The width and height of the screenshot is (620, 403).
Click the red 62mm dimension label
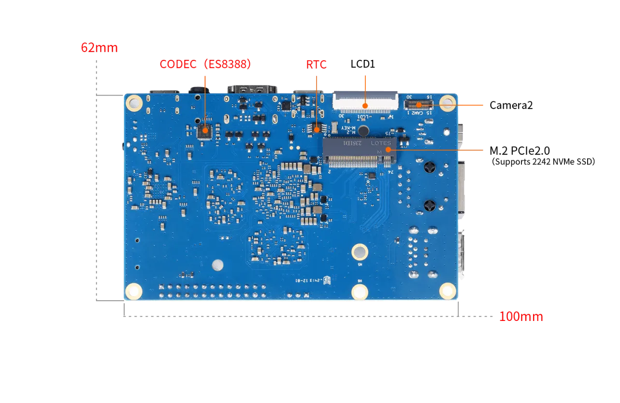[100, 48]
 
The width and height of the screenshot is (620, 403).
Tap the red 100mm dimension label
[521, 317]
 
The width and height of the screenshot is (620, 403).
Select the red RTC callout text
[317, 64]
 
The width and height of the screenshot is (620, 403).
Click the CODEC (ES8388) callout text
[205, 64]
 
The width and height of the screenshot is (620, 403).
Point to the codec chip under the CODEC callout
[205, 130]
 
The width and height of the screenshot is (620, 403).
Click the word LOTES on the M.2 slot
[381, 143]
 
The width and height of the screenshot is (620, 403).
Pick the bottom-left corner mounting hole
[133, 291]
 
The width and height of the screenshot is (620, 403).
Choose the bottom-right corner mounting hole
[447, 290]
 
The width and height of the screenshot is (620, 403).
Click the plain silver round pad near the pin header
[218, 265]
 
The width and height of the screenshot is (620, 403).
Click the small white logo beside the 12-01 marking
[327, 279]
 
